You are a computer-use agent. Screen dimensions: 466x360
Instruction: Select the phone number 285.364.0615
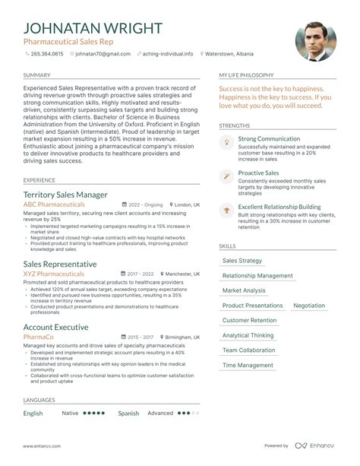point(47,55)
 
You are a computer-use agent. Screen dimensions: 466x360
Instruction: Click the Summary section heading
point(36,75)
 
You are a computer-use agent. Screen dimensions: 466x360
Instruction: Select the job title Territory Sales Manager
point(65,195)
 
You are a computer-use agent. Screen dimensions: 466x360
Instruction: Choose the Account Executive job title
point(55,327)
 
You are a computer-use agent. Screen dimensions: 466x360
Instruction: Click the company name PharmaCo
point(38,337)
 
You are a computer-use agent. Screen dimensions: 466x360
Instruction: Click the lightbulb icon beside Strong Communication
point(226,142)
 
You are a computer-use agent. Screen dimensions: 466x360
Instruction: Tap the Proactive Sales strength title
point(258,173)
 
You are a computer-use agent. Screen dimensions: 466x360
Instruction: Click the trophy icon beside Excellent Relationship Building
point(226,209)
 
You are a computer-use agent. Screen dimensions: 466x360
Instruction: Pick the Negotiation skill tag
point(309,305)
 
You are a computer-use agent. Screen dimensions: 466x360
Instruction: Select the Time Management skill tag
point(248,365)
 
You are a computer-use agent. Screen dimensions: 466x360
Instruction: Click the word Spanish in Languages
point(128,414)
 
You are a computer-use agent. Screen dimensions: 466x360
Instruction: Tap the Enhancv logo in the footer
point(315,445)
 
